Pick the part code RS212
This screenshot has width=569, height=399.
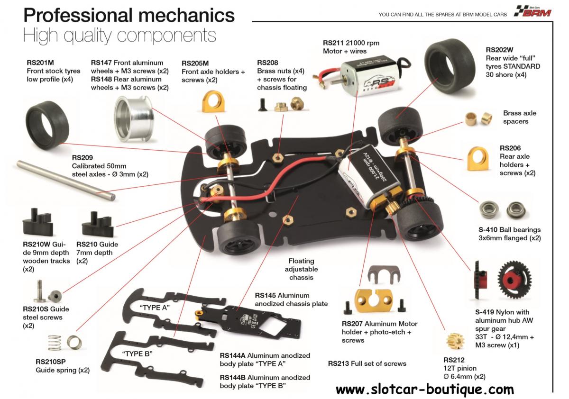[x=454, y=360]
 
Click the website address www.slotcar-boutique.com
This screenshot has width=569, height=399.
[x=424, y=390]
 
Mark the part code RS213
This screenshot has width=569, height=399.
[x=339, y=363]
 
